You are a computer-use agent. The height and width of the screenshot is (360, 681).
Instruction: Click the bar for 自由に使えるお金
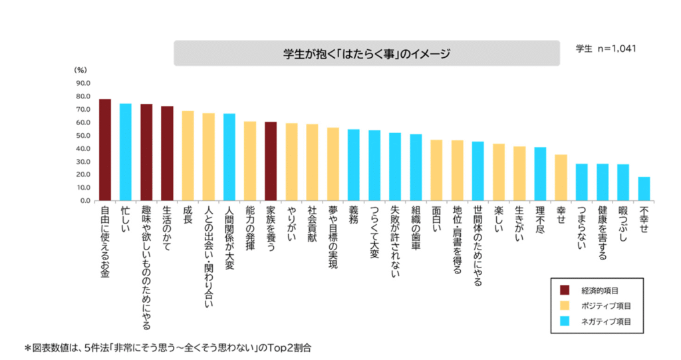105,150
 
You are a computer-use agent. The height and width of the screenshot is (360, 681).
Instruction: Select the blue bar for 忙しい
126,152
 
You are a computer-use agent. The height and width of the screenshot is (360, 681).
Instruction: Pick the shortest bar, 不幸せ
644,188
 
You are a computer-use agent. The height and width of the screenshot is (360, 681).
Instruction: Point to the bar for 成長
188,156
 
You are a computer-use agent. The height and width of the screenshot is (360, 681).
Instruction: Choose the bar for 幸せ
561,178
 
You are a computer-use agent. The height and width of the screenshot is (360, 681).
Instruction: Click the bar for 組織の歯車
416,167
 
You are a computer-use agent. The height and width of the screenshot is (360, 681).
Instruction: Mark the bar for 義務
354,165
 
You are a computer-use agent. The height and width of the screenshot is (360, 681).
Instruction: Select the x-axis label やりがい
291,226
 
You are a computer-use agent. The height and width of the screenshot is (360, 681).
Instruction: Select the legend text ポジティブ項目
605,305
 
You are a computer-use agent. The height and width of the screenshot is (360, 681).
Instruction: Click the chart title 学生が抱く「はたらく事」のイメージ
366,54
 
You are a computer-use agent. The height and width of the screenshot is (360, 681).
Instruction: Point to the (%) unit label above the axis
80,70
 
